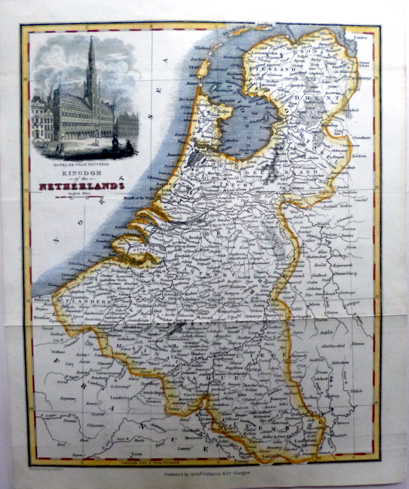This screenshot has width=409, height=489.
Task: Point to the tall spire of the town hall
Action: point(91,61)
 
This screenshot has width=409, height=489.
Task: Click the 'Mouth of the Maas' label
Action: point(137,213)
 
